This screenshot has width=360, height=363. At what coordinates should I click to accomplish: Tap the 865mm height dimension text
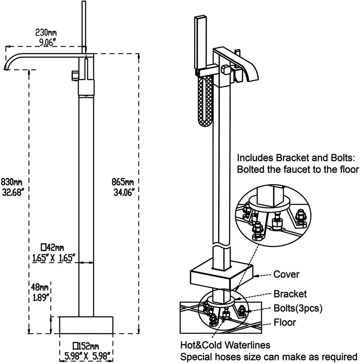pos(123,182)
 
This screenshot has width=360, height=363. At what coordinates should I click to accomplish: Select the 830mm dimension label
pos(12,182)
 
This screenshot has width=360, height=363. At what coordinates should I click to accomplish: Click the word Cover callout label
pos(286,274)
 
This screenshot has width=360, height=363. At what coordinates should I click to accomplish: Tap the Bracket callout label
pos(290,294)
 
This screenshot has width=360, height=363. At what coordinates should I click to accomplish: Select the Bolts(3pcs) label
pos(298,308)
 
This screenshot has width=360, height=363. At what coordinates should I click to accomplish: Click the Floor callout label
pos(285,323)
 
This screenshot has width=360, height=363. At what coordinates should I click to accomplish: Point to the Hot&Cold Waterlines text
pos(225,345)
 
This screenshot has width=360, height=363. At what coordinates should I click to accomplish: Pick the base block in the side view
pos(86,325)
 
